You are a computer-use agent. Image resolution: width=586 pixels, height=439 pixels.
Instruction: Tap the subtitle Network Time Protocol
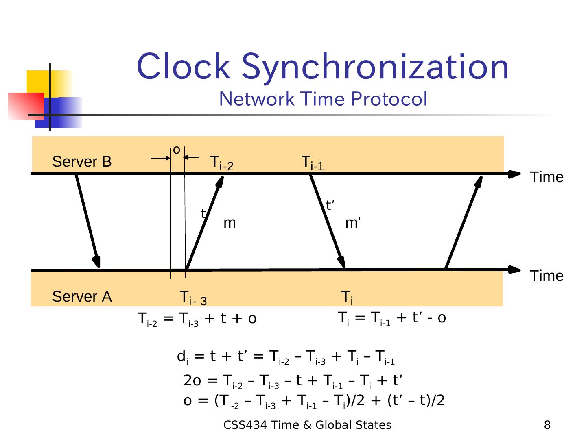323,99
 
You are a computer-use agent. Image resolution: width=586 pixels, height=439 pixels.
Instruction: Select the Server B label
82,162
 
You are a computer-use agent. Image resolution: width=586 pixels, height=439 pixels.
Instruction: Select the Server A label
82,297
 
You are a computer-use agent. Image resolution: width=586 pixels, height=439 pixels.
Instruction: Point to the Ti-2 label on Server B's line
222,163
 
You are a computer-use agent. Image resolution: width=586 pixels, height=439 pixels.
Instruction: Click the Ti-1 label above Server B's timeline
313,163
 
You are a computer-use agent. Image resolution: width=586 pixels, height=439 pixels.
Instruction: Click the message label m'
353,223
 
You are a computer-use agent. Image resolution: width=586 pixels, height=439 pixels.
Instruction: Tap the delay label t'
330,206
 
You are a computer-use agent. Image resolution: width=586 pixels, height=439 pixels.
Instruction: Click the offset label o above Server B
176,150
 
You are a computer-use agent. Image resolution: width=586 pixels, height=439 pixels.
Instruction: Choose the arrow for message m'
328,221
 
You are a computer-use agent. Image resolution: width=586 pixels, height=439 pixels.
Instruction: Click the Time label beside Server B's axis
547,177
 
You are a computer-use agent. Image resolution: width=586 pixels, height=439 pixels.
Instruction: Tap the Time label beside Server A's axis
547,276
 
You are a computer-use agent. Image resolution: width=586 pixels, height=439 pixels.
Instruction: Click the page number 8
547,425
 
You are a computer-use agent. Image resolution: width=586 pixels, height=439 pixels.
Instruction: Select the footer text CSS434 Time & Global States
307,425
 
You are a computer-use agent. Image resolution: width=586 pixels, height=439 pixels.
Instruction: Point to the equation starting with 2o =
293,381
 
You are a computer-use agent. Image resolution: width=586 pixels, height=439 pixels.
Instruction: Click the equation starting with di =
286,357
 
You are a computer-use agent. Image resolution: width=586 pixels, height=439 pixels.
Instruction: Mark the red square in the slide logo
25,106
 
